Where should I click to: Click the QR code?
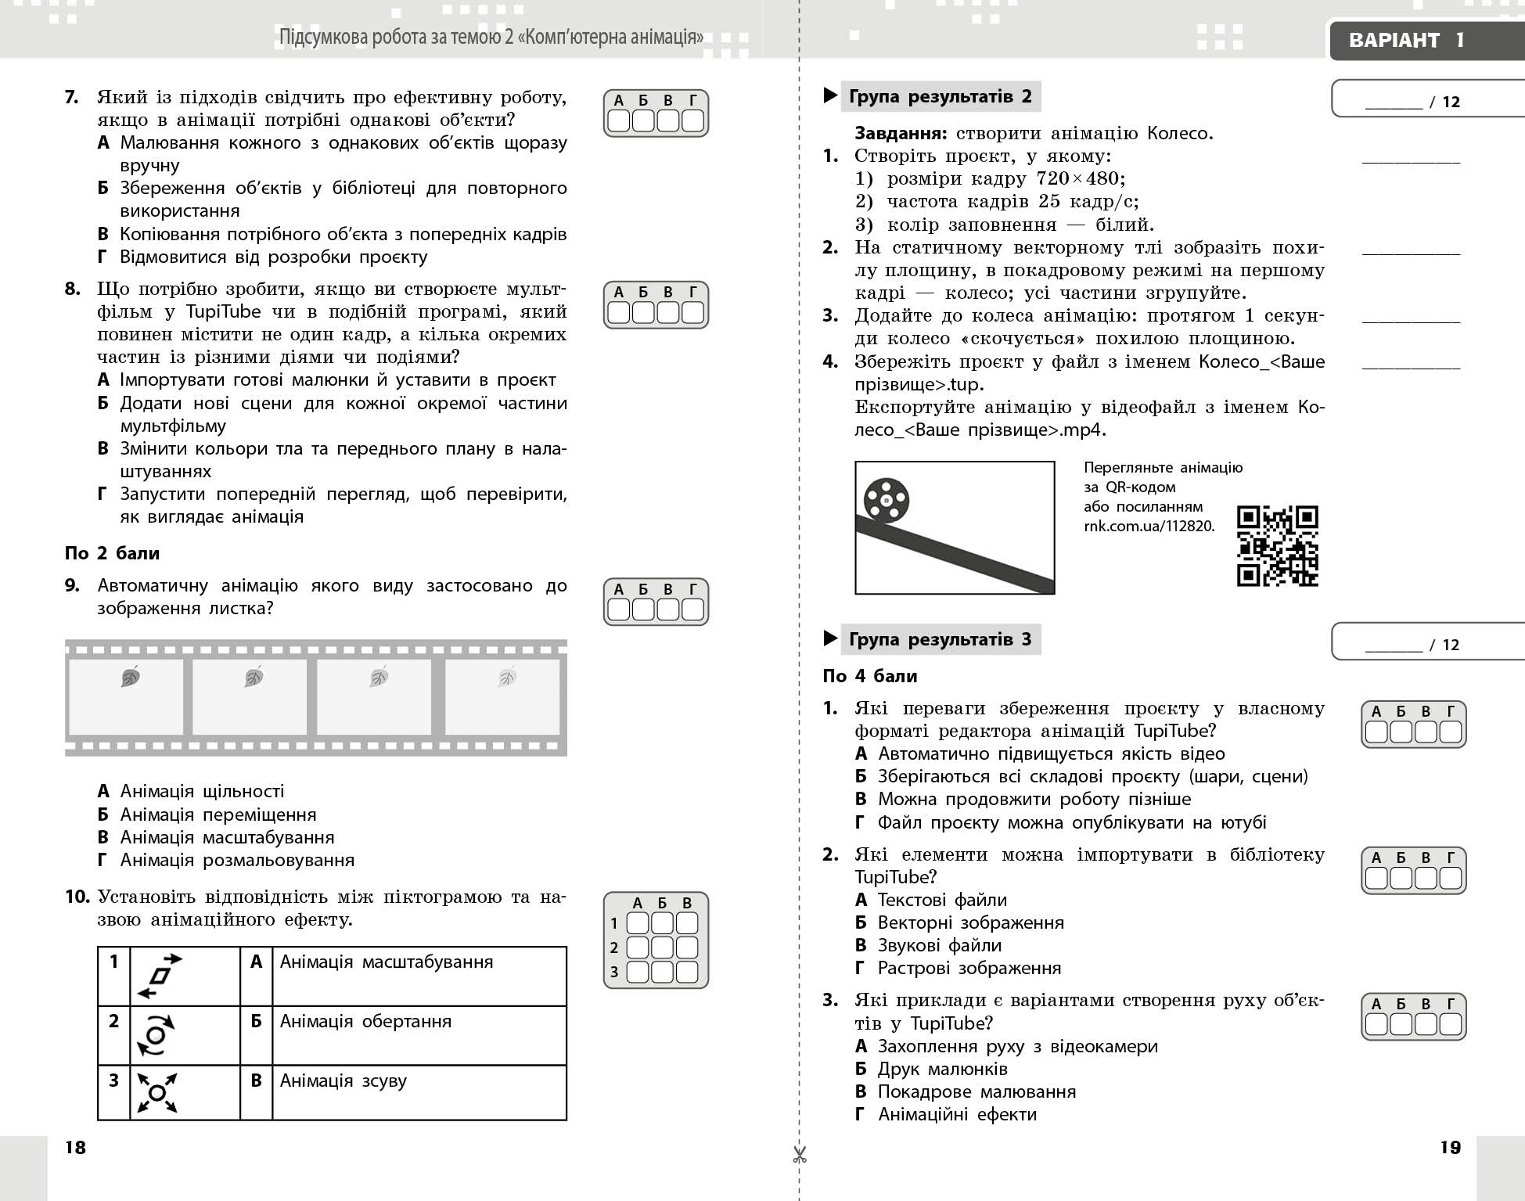(1277, 545)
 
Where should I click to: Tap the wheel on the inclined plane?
(886, 500)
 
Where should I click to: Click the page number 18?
(75, 1147)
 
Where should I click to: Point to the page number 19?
(1450, 1147)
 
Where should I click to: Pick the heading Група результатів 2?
(940, 97)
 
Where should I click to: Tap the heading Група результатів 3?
(940, 640)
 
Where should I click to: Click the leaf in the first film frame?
(131, 677)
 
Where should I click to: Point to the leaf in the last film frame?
(506, 677)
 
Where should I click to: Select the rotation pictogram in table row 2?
(156, 1035)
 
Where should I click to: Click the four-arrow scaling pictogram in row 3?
(157, 1092)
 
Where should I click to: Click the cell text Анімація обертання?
(365, 1021)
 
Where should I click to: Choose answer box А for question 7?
(619, 120)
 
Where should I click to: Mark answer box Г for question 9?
(692, 609)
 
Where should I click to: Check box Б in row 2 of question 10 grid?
(662, 947)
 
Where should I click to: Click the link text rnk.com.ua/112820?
(1149, 526)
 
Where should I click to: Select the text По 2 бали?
(112, 553)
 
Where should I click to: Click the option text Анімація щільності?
(202, 791)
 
